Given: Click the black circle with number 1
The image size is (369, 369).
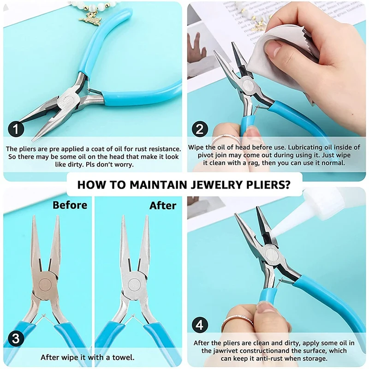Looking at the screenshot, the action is [16, 129].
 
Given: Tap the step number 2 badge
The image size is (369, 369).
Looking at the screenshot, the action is [200, 129].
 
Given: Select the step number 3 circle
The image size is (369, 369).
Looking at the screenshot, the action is [16, 339].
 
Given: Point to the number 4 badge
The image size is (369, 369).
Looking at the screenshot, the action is [200, 325].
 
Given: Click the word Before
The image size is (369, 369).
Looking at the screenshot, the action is [70, 205].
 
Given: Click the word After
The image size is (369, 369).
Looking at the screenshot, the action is [163, 206].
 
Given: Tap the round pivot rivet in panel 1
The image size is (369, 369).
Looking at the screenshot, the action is [69, 101].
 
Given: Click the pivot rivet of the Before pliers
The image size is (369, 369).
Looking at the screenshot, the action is [45, 285].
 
